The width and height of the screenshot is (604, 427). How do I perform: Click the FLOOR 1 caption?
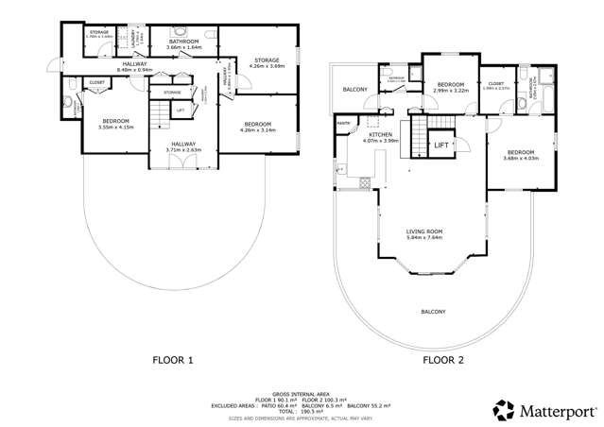point(172,360)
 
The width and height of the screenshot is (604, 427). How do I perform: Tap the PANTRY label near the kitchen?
point(343,122)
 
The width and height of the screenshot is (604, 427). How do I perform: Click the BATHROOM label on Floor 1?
point(182,43)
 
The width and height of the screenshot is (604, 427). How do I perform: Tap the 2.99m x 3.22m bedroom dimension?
point(449,92)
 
